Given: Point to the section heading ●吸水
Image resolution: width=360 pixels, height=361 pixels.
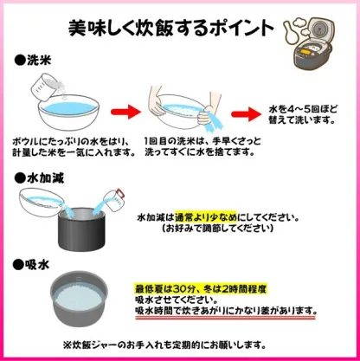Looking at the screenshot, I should click(34, 261).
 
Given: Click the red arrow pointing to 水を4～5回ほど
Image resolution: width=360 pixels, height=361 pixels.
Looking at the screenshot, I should click(251, 113).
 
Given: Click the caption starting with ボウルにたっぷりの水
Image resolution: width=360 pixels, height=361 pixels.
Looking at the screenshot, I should click(74, 146).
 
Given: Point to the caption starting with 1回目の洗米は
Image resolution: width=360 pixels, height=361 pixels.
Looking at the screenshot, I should click(202, 146).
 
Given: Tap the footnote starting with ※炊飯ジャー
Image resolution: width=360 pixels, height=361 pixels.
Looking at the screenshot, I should click(179, 344).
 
